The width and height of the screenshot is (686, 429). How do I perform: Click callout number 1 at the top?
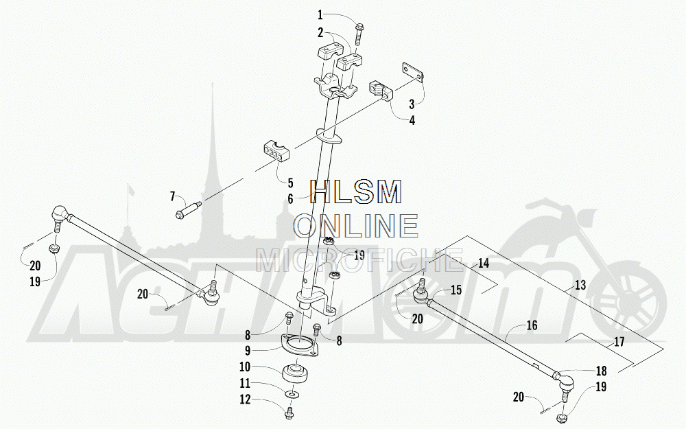320,14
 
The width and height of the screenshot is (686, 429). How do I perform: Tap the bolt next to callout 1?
360,32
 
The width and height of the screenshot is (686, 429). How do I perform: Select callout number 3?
412,104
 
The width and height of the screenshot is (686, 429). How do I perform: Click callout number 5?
291,183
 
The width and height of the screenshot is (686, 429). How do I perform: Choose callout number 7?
174,197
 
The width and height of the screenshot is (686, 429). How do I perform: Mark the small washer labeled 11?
294,395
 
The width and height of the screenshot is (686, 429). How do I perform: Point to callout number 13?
580,286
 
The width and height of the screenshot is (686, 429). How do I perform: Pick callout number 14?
483,263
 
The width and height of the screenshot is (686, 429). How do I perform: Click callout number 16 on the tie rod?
532,326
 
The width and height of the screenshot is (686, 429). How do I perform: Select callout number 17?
619,341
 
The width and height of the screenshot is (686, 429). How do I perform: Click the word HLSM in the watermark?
356,193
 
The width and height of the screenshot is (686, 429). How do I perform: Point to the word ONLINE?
356,225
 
